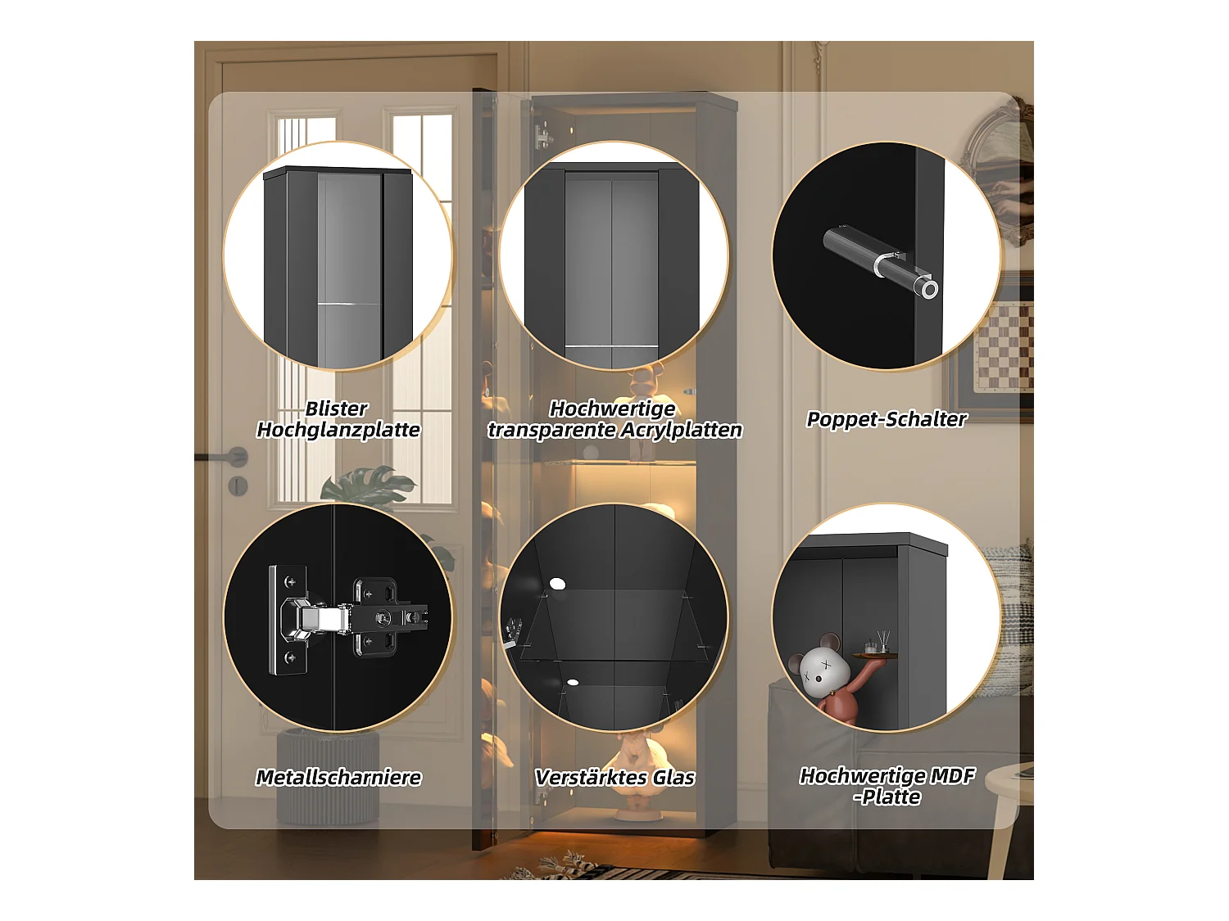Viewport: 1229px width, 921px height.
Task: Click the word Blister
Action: point(336,409)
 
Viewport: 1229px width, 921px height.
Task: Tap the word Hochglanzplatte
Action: point(338,430)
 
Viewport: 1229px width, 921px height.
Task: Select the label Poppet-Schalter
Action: point(887,419)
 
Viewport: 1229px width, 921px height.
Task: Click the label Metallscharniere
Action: point(338,778)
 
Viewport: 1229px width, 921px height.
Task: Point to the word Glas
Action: point(674,778)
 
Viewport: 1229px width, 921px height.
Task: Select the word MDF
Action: point(952,775)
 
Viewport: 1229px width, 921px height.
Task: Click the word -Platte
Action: point(887,797)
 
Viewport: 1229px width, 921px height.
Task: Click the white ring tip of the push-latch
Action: point(929,289)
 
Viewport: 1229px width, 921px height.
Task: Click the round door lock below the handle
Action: point(238,485)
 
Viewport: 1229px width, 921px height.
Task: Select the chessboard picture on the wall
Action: point(1005,345)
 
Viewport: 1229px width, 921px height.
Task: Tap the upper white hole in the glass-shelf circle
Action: point(557,584)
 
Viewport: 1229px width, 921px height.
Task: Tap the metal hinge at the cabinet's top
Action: point(542,135)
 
